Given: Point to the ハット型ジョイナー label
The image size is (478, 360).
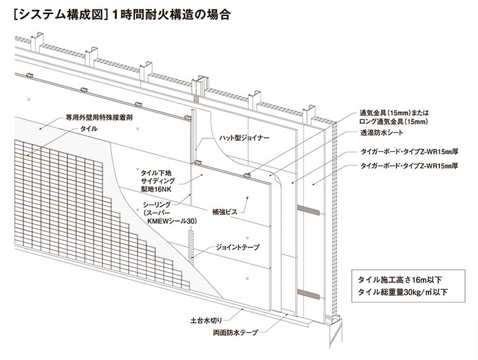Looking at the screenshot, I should (243, 138).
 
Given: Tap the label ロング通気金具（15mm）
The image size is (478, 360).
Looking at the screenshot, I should (389, 121).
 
